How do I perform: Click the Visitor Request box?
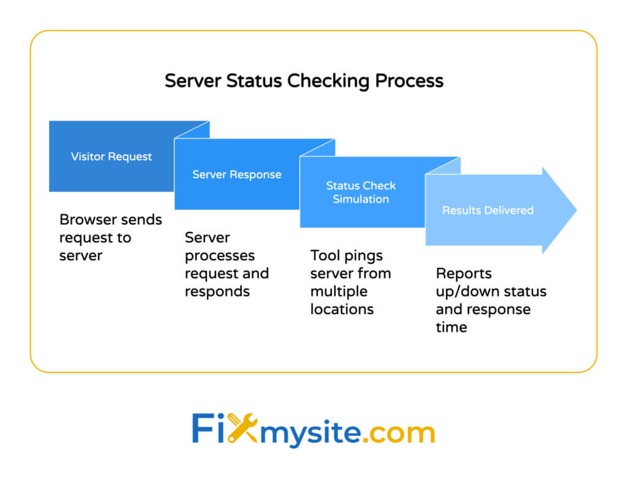[x=111, y=157]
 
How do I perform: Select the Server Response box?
[x=237, y=174]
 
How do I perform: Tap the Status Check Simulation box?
[x=361, y=192]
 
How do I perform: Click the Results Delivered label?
[x=488, y=211]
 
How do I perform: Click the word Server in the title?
[x=192, y=81]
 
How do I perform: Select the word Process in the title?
[x=410, y=81]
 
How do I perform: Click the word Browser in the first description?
[x=86, y=220]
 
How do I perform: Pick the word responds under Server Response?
[x=217, y=291]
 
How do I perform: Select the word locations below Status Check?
[x=342, y=309]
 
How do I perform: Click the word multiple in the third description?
[x=339, y=291]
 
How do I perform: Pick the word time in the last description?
[x=451, y=327]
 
